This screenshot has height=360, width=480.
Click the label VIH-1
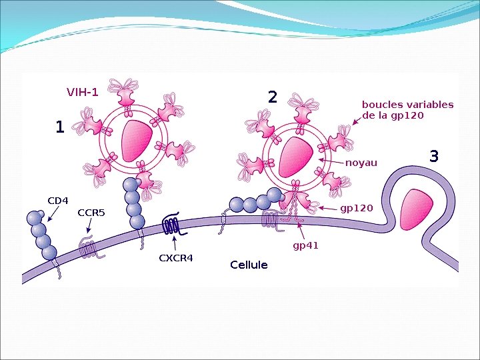pos(82,92)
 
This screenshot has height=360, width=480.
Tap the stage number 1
pos(60,127)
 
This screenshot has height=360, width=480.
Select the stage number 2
pos(272,97)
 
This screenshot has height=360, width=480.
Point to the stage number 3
pos(434,157)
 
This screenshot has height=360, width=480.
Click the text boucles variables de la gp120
pos(407,110)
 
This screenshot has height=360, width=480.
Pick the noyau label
pos(361,163)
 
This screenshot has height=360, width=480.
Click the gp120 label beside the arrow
pos(357,208)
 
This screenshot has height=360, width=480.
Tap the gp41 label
pos(306,245)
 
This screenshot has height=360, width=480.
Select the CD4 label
pos(58,200)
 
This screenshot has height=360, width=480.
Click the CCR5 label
pos(91,213)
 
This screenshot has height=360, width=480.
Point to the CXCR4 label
pos(175,258)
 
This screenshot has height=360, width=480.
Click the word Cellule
pos(249,265)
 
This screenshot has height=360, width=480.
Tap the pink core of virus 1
pos(136,141)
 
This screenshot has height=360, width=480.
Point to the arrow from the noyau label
pos(331,161)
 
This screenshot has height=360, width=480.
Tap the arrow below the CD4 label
pos(52,213)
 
